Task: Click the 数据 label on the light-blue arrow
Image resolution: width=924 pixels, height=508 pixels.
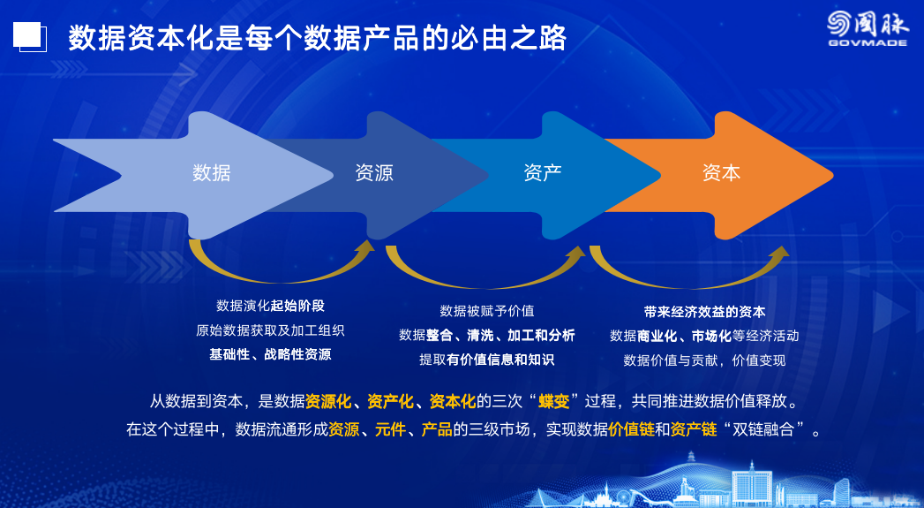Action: tap(212, 173)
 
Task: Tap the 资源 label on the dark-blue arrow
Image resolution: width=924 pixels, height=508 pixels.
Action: tap(373, 173)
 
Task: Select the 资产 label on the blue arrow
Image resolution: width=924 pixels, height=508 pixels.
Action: tap(542, 173)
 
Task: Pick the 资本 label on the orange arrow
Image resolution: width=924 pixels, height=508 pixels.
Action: tap(721, 173)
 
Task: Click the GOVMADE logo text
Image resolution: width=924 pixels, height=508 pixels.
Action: tap(868, 42)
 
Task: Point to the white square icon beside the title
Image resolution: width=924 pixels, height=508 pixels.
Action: tap(29, 36)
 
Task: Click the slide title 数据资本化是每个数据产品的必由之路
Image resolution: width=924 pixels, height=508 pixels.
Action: tap(317, 39)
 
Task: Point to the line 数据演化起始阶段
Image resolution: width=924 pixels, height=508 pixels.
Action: tap(270, 306)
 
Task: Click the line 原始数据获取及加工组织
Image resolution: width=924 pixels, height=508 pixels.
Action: tap(270, 330)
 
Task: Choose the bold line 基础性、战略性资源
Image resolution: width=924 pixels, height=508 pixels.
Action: tap(270, 354)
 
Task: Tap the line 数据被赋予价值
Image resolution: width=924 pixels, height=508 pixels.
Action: tap(487, 311)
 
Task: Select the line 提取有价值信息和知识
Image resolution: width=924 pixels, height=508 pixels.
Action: tap(487, 360)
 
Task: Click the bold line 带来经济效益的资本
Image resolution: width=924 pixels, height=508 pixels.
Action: tap(705, 312)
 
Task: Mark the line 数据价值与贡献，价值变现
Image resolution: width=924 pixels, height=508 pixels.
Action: tap(705, 360)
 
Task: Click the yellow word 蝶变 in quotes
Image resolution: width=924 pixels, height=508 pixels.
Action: tap(554, 402)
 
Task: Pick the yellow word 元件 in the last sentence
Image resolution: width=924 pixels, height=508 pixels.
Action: tap(390, 429)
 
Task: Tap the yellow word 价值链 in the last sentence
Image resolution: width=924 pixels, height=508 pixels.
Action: tap(631, 429)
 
